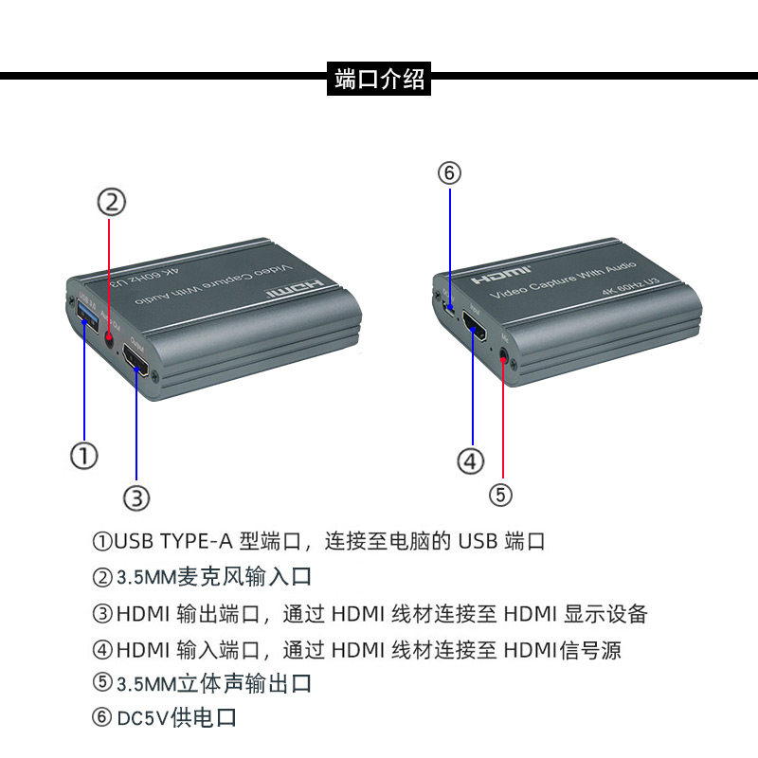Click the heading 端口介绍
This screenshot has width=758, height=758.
[x=379, y=80]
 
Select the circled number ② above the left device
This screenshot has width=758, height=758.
[x=111, y=201]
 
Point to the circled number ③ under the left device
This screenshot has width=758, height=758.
[x=137, y=496]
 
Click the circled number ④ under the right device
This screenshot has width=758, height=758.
[x=471, y=461]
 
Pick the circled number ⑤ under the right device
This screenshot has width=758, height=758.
[x=501, y=494]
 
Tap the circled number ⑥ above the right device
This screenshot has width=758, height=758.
[x=449, y=172]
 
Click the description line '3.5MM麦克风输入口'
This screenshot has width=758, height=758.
[x=214, y=577]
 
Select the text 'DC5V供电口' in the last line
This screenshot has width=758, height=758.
[x=176, y=718]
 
